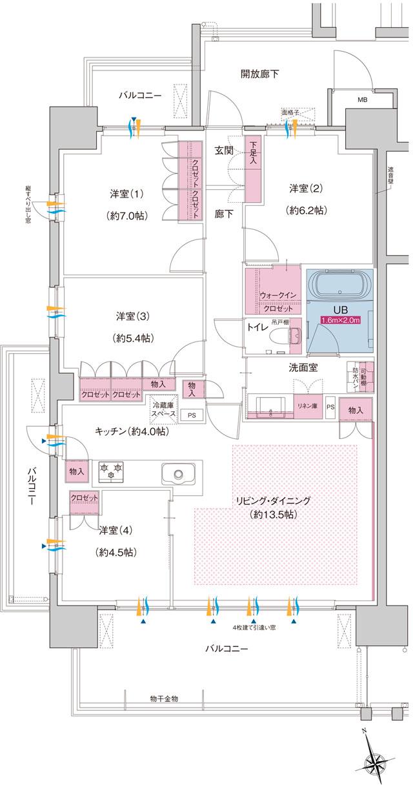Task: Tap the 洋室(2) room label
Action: click(x=305, y=189)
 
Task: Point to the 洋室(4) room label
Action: click(x=116, y=531)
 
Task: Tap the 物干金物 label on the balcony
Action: click(x=160, y=699)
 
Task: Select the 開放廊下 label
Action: click(x=260, y=74)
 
